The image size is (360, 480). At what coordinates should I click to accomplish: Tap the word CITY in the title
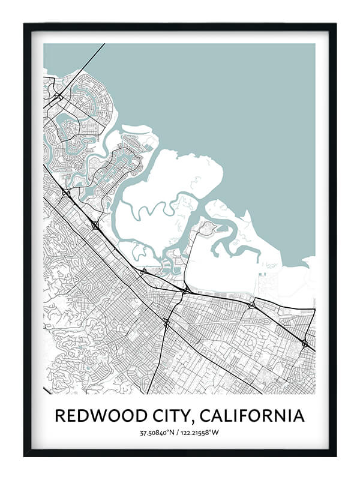pyautogui.click(x=167, y=415)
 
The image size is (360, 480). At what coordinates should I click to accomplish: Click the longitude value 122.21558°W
pyautogui.click(x=202, y=433)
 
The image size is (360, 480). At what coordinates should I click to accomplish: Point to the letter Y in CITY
pyautogui.click(x=184, y=415)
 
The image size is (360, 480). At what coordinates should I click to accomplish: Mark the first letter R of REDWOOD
pyautogui.click(x=59, y=415)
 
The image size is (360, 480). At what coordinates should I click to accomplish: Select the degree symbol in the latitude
pyautogui.click(x=170, y=431)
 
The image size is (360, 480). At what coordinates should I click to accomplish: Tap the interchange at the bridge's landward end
pyautogui.click(x=58, y=96)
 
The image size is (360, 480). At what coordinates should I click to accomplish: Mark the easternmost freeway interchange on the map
pyautogui.click(x=305, y=343)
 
